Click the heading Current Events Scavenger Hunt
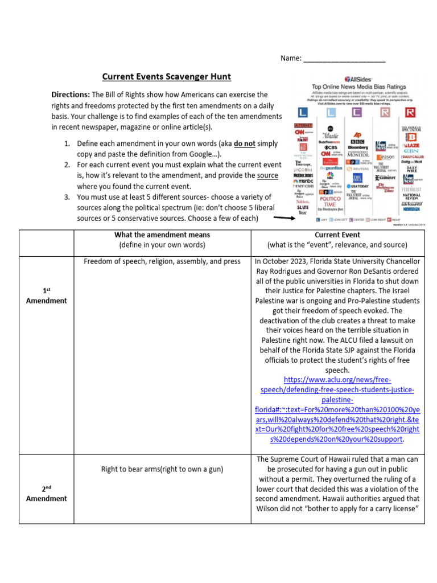pyautogui.click(x=167, y=76)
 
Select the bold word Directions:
pyautogui.click(x=71, y=95)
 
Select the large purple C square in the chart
pyautogui.click(x=356, y=113)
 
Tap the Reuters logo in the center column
pyautogui.click(x=357, y=169)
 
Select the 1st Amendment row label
pyautogui.click(x=46, y=295)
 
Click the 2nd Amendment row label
pyautogui.click(x=46, y=494)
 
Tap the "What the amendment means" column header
pyautogui.click(x=162, y=235)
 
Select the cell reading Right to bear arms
pyautogui.click(x=162, y=469)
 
